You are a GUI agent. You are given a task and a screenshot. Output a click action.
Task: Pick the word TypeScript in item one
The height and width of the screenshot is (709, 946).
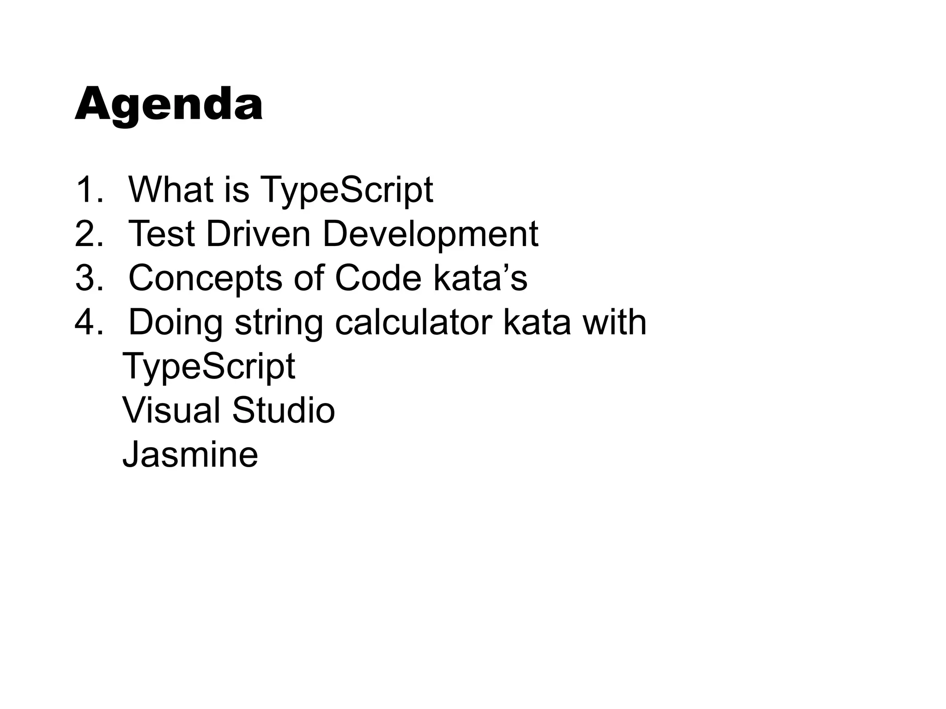347,190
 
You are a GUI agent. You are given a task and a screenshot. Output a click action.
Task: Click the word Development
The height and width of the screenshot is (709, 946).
430,234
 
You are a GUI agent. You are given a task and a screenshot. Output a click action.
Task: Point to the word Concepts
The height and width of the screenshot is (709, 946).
205,279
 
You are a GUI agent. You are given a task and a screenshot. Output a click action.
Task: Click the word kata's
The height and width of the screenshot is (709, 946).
480,278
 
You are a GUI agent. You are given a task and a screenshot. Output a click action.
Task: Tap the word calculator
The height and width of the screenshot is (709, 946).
413,322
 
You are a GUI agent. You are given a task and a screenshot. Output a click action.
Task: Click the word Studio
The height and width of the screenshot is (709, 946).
283,410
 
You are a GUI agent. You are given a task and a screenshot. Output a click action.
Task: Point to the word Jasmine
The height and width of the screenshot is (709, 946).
190,454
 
